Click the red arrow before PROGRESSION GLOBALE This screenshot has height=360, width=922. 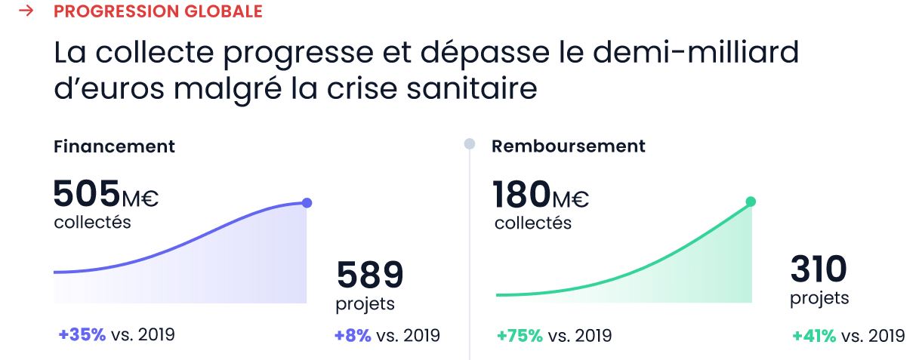pos(26,12)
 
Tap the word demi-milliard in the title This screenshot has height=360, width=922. pos(695,54)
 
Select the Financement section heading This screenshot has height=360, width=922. pos(114,146)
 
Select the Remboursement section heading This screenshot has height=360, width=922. pos(569,146)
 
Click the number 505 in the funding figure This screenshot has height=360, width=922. pos(87,194)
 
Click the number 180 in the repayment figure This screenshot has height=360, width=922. pos(522,195)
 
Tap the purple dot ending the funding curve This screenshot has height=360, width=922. pos(306,202)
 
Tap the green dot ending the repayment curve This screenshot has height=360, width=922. pos(751,202)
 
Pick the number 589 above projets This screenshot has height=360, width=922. pos(370,275)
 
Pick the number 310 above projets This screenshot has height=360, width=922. pos(819,269)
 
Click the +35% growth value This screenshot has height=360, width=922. pos(82,335)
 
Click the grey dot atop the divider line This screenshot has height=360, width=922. pos(469,143)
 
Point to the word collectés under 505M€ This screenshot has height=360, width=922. pos(92,223)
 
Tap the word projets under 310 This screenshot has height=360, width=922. pos(819,298)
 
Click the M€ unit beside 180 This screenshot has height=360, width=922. pos(570,200)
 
